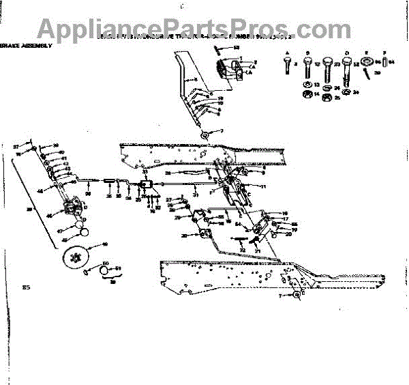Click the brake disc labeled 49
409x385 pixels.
(77, 257)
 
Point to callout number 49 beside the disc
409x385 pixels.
(104, 244)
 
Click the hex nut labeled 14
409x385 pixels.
(307, 93)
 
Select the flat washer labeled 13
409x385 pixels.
(307, 84)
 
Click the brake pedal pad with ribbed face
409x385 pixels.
(229, 70)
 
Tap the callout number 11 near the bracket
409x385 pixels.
(263, 186)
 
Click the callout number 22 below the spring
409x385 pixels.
(241, 251)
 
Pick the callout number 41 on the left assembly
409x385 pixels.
(60, 158)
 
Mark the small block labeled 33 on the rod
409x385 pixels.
(146, 185)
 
